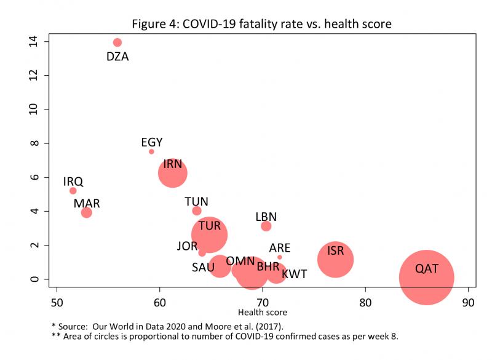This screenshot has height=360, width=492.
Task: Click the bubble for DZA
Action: pyautogui.click(x=117, y=42)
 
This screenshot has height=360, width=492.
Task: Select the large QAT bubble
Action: pyautogui.click(x=426, y=278)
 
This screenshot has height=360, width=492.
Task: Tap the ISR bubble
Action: pyautogui.click(x=335, y=259)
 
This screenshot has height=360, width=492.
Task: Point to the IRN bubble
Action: pyautogui.click(x=173, y=173)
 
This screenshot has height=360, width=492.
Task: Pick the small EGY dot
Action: pyautogui.click(x=151, y=151)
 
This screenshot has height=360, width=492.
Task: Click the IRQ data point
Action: pyautogui.click(x=73, y=191)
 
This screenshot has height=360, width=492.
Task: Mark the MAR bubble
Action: pyautogui.click(x=87, y=212)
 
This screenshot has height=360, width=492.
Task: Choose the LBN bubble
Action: pyautogui.click(x=266, y=226)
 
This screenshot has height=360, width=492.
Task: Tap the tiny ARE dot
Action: pyautogui.click(x=279, y=257)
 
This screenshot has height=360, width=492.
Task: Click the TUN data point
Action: pyautogui.click(x=197, y=210)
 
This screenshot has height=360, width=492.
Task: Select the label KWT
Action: pyautogui.click(x=294, y=274)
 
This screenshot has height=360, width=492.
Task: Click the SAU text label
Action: pyautogui.click(x=203, y=267)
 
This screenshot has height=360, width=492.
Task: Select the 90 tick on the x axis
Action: pyautogui.click(x=469, y=303)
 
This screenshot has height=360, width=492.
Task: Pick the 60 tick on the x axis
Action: pyautogui.click(x=160, y=303)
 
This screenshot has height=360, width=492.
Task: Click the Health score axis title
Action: pyautogui.click(x=263, y=313)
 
